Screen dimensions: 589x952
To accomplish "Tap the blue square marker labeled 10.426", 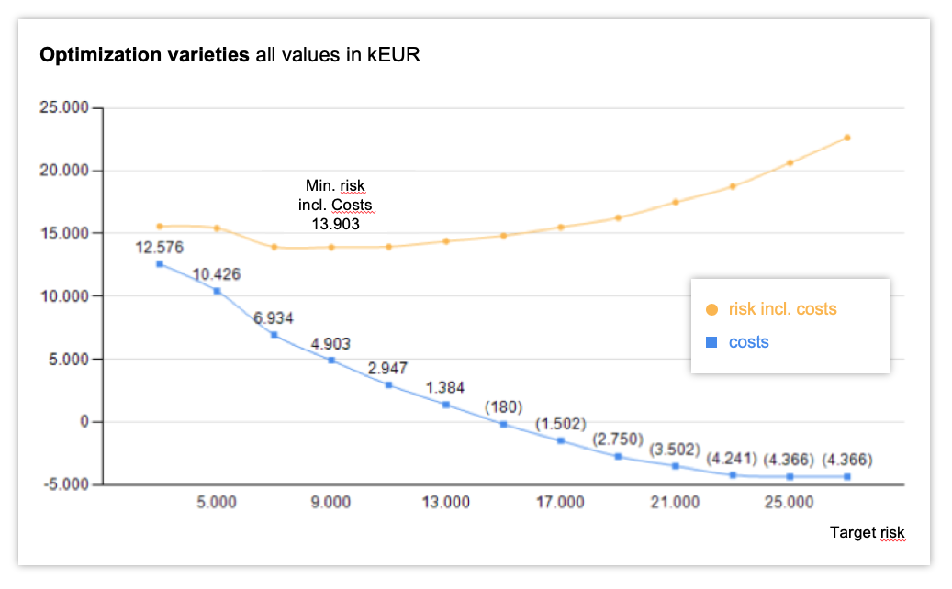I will tap(217, 291).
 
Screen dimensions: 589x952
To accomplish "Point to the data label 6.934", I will tap(274, 318).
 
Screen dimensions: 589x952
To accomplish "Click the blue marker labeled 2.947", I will tap(389, 384).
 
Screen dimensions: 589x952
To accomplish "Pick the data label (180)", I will tap(503, 406).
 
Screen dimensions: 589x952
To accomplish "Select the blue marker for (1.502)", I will tap(561, 440).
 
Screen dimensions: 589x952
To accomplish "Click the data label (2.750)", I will tap(617, 439).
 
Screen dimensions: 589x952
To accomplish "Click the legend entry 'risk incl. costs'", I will tap(782, 309).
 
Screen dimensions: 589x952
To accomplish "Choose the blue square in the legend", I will tap(711, 342).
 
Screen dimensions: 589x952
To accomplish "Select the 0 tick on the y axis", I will tap(83, 421).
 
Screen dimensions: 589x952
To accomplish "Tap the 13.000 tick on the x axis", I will tap(446, 503).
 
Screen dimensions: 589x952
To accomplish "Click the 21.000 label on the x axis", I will tap(675, 503).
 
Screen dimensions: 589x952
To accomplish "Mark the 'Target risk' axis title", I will tap(867, 533).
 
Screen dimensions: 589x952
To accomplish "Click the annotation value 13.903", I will tap(336, 223).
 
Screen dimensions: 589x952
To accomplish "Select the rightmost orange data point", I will tap(847, 138).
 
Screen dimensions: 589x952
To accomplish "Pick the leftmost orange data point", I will tap(160, 226).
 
